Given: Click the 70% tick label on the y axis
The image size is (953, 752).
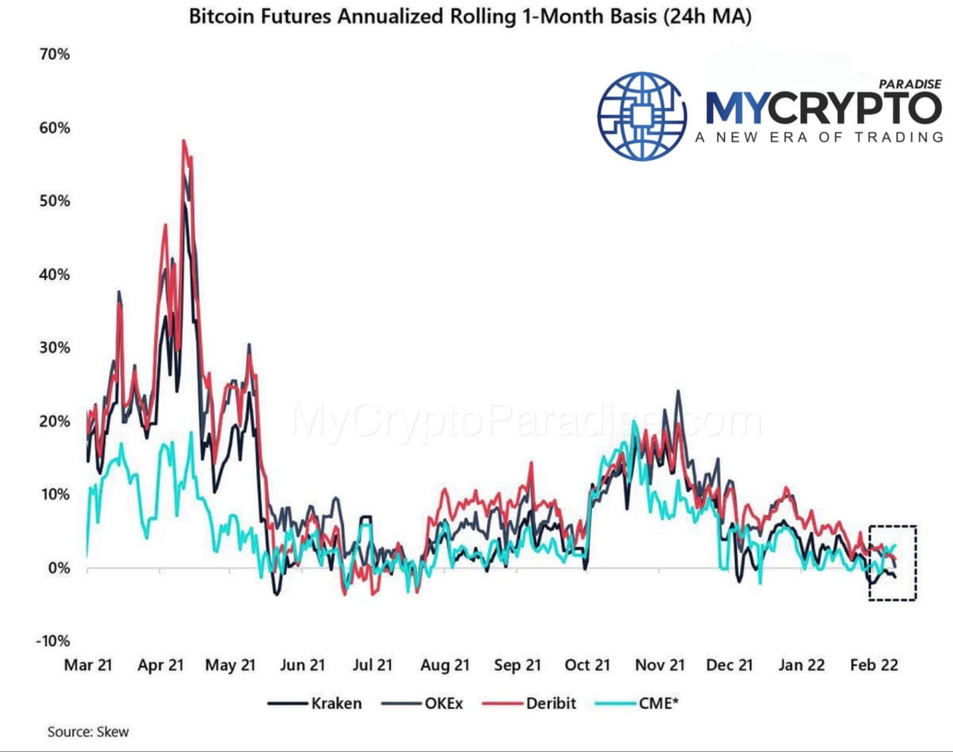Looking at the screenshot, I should (x=54, y=54).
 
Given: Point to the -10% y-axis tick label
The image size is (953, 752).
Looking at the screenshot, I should (x=52, y=641).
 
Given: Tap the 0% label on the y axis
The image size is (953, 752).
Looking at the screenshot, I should (x=58, y=568).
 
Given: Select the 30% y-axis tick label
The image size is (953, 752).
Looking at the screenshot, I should (x=54, y=348).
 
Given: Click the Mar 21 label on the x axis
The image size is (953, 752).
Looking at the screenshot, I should (x=88, y=665).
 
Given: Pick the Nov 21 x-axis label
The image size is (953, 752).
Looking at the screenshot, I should (x=660, y=665).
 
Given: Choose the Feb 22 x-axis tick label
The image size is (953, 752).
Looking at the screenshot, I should (x=874, y=665).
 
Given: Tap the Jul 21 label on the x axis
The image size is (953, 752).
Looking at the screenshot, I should (x=372, y=665).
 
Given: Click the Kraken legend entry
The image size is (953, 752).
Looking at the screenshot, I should (x=336, y=704).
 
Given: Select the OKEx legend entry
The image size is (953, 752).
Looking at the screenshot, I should (x=444, y=704).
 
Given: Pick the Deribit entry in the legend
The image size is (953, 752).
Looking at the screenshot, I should (x=551, y=704).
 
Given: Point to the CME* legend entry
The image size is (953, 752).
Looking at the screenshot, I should (x=658, y=704).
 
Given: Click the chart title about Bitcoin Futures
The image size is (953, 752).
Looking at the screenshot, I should (x=470, y=16).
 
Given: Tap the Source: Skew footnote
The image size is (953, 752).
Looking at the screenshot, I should (x=88, y=732).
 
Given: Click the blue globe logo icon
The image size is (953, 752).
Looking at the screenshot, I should (x=642, y=115).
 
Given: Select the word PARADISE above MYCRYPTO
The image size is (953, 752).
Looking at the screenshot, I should (x=910, y=84).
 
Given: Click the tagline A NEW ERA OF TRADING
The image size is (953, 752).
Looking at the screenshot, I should (x=819, y=137).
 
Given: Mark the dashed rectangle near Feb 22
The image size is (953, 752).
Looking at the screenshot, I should (x=893, y=562).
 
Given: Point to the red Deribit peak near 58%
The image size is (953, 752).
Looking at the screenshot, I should (x=183, y=141).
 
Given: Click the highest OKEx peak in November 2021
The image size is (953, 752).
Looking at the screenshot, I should (x=678, y=391).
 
